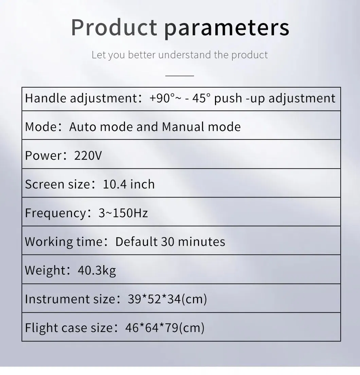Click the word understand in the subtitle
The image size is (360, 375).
(x=185, y=55)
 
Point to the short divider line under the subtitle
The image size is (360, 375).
(x=180, y=76)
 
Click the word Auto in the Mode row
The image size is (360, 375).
(x=83, y=127)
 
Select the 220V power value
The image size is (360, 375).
(x=88, y=155)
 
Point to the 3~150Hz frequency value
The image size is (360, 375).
(x=123, y=213)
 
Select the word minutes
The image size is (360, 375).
(x=201, y=242)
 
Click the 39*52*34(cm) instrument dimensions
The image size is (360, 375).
(x=167, y=299)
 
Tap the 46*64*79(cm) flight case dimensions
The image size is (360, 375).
(x=165, y=328)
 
